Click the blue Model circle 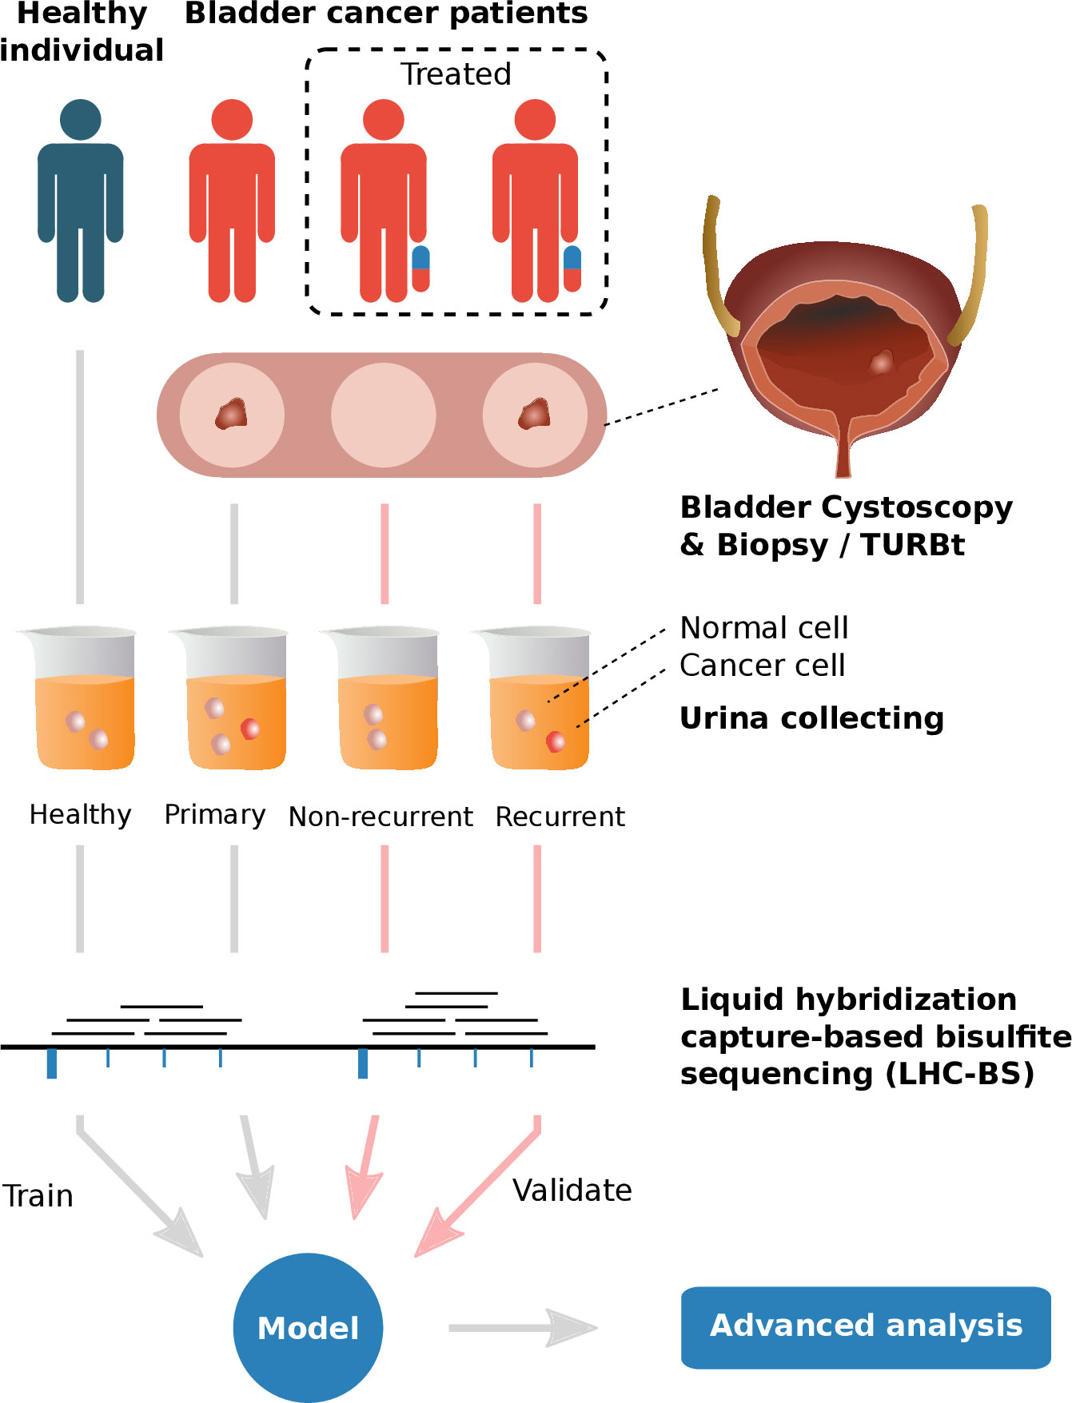click(x=308, y=1327)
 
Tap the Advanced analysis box click(x=866, y=1327)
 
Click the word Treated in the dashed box click(x=456, y=74)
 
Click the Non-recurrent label click(x=381, y=817)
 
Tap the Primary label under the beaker click(x=214, y=815)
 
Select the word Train click(x=38, y=1196)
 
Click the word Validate click(x=572, y=1190)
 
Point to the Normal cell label click(x=763, y=628)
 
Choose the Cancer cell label click(x=762, y=666)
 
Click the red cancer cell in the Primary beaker click(x=250, y=728)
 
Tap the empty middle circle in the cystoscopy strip click(x=384, y=415)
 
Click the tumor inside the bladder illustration click(x=881, y=362)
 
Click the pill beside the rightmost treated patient click(x=572, y=268)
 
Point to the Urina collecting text click(x=811, y=718)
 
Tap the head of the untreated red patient click(x=232, y=120)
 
